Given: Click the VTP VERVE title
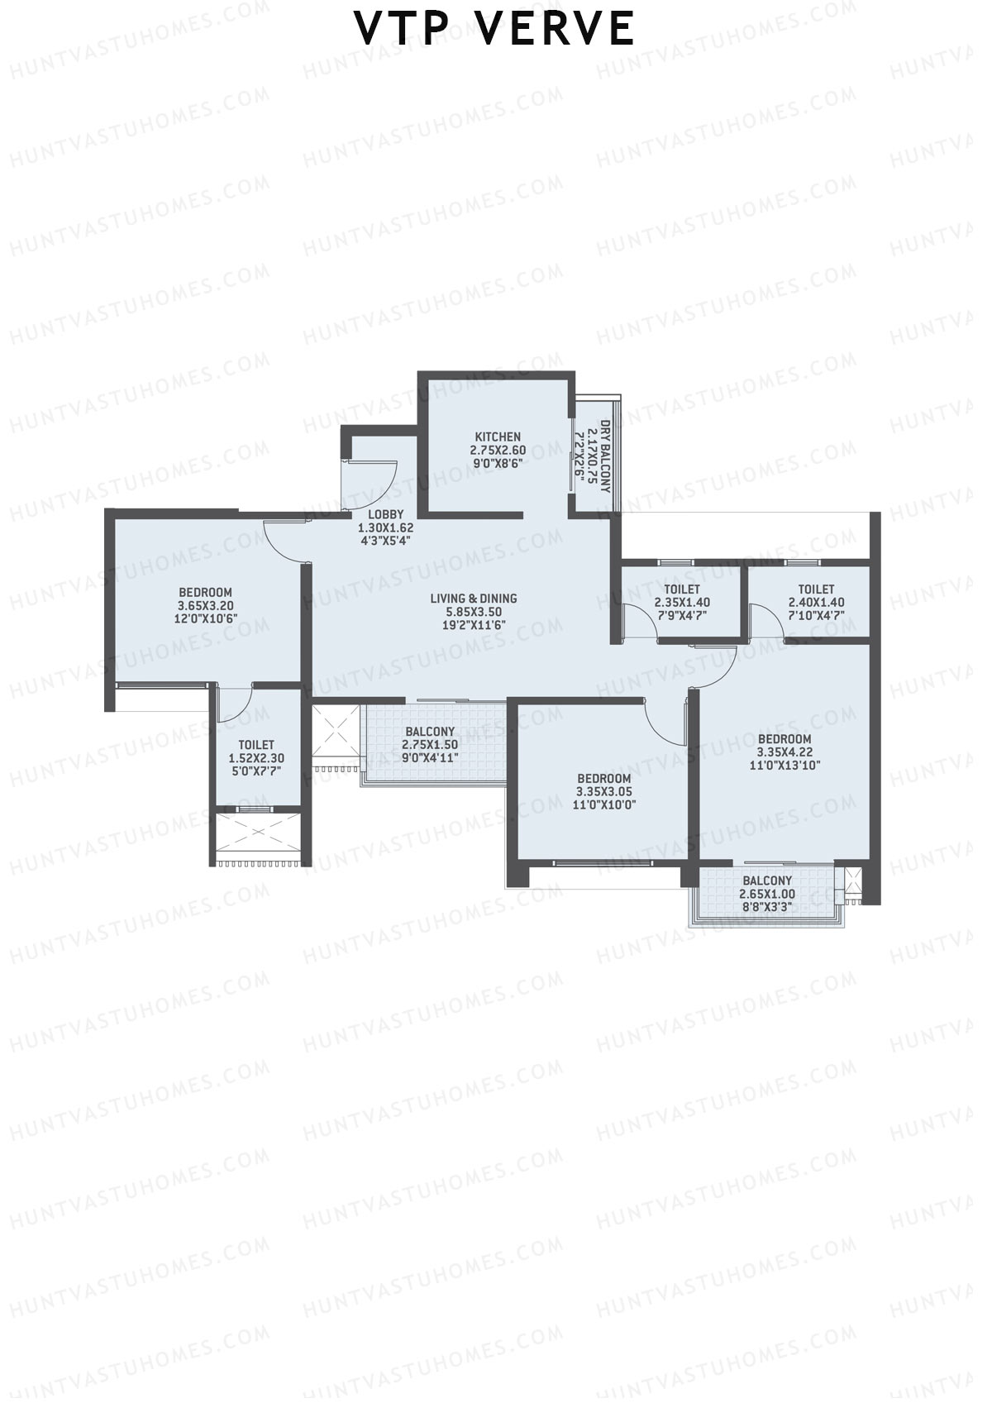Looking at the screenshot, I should (494, 29).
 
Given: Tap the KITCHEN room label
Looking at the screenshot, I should (498, 437).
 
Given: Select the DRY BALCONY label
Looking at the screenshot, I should (605, 456).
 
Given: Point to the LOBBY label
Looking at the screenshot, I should (385, 514).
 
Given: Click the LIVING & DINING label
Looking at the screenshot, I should (474, 599).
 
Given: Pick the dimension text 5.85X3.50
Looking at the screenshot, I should (474, 612).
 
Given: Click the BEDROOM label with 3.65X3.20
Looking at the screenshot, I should (206, 592).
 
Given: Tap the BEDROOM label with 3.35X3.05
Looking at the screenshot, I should (604, 778).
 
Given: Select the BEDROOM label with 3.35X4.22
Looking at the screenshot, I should (785, 738).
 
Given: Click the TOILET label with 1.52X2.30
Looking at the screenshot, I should (256, 745).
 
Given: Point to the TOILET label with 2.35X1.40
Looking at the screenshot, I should (682, 589).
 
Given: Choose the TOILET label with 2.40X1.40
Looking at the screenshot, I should (817, 589).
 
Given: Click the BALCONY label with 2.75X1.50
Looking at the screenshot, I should (430, 732).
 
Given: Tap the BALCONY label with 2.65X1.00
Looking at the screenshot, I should (767, 880).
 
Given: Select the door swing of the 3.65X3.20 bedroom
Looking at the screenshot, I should (282, 542).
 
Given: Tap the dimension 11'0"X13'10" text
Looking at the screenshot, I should (785, 765).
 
